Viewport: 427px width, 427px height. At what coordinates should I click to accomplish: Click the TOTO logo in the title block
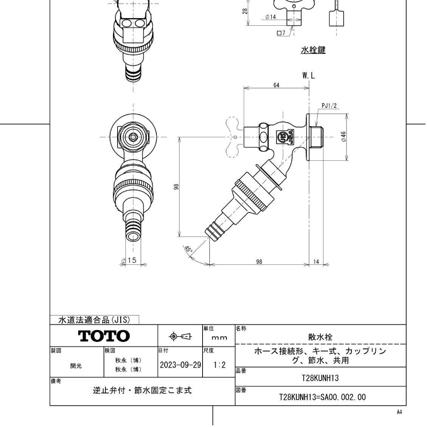[104, 336]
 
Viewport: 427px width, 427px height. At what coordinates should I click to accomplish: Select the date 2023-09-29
[180, 365]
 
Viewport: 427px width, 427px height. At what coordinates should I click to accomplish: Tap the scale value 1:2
[219, 365]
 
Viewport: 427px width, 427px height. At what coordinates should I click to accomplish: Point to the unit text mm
[219, 338]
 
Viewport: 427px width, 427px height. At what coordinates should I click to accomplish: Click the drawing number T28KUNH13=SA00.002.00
[322, 397]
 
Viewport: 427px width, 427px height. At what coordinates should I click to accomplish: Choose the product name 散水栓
[320, 337]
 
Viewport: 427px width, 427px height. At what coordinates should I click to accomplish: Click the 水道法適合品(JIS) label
[94, 320]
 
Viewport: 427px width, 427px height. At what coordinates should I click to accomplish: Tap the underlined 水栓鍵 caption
[313, 50]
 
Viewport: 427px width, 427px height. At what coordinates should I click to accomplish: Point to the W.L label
[308, 76]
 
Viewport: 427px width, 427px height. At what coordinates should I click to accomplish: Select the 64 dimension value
[276, 85]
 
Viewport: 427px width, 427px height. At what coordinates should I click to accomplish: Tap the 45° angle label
[188, 249]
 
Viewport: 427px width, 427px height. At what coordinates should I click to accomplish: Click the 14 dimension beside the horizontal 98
[316, 262]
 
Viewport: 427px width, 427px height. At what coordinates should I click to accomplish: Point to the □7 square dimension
[282, 33]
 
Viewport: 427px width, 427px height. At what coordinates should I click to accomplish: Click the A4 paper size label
[399, 412]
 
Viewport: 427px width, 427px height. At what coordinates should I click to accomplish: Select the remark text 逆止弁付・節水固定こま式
[142, 390]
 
